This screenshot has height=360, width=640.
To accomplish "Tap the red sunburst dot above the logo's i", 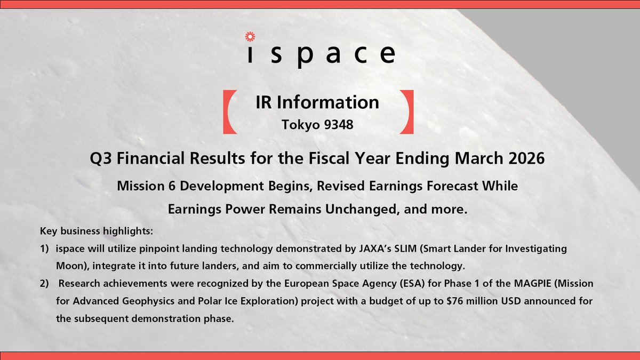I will (x=247, y=36).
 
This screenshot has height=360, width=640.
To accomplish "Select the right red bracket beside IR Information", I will (x=410, y=113).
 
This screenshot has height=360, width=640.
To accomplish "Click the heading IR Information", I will (x=318, y=102).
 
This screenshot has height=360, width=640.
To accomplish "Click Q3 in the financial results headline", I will (x=102, y=159).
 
